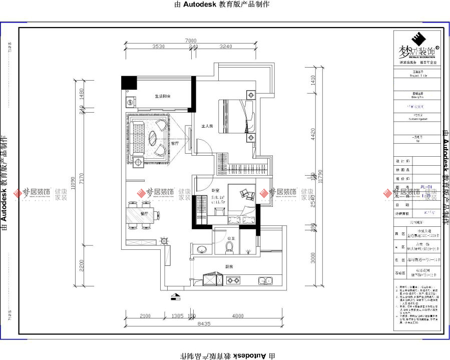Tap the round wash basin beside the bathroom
click(202, 249)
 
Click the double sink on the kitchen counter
click(264, 281)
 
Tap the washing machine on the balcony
click(130, 102)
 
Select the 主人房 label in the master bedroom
click(207, 127)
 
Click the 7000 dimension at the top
click(190, 41)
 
